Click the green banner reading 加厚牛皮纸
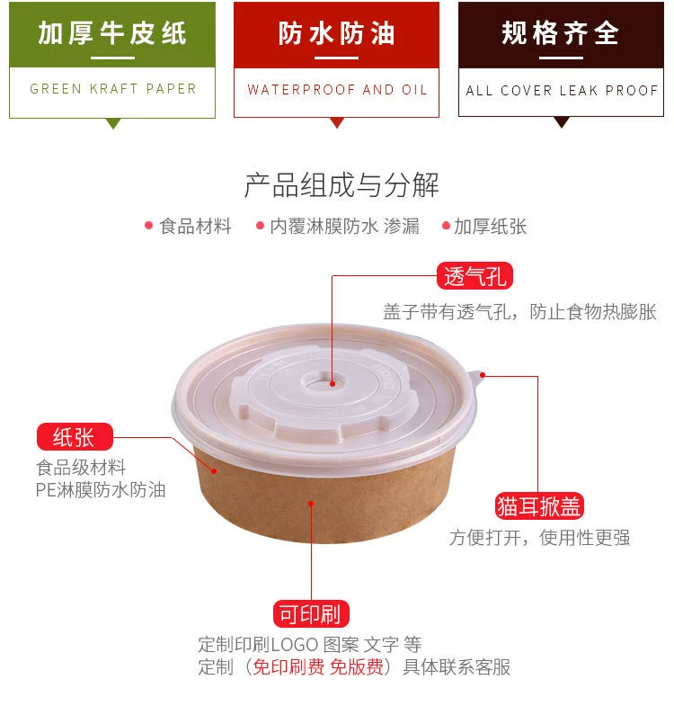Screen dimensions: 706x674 112,34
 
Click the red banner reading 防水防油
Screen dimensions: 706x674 336,34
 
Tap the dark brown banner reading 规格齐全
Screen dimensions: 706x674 561,34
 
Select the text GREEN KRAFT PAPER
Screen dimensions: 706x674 112,89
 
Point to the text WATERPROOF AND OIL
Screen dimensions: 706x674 336,90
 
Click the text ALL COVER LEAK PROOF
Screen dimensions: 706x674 561,91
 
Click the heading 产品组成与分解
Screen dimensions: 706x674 341,185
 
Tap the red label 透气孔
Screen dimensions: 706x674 475,275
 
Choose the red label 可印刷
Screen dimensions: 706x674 310,615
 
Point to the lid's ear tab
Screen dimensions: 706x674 480,374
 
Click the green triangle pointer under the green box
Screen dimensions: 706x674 112,123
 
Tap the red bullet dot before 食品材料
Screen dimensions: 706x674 148,226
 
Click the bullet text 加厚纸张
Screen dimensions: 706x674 491,227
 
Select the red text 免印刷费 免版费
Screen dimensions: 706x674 318,667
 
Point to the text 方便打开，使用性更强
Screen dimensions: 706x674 539,538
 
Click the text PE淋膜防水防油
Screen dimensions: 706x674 101,490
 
